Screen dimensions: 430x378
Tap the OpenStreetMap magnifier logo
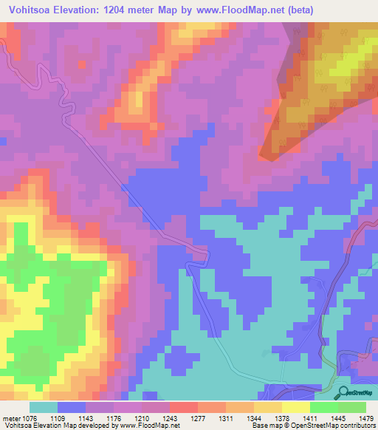click(343, 393)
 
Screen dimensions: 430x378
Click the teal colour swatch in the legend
click(44, 407)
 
